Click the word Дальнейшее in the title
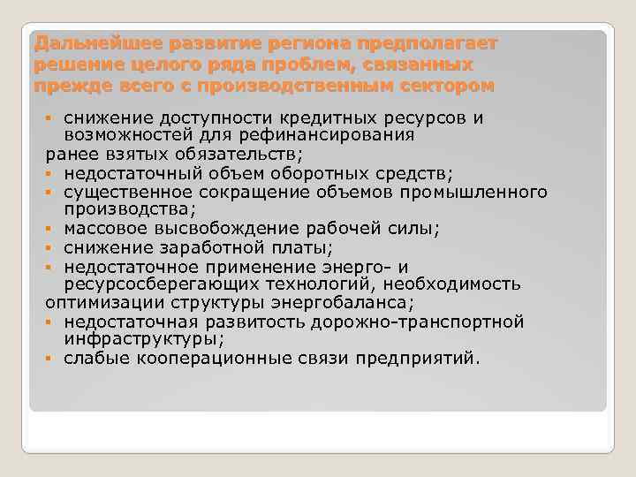pyautogui.click(x=79, y=43)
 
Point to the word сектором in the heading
pyautogui.click(x=448, y=86)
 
